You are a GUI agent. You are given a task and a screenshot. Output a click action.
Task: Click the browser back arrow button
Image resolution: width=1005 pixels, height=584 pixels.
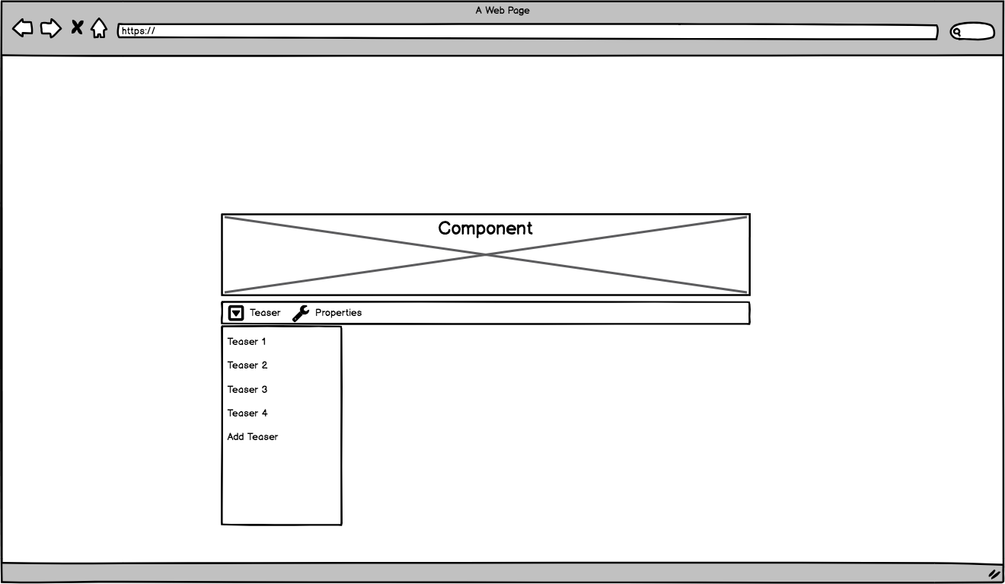pos(23,29)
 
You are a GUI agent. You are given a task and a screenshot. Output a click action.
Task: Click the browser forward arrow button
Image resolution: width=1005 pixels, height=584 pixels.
pos(50,29)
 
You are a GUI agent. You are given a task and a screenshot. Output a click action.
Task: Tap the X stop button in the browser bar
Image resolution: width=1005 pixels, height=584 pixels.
pos(77,28)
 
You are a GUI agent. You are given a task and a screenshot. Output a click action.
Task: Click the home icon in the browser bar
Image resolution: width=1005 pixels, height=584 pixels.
pos(99,29)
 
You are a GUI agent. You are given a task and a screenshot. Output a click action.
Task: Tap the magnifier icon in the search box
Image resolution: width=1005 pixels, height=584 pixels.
pos(957,32)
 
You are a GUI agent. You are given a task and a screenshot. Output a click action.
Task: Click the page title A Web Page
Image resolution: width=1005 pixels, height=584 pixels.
pos(502,11)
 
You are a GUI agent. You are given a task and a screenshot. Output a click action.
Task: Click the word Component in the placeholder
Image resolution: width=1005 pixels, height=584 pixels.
pos(485,228)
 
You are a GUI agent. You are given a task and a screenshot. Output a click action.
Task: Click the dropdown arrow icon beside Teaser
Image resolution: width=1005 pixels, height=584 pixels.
pos(236,313)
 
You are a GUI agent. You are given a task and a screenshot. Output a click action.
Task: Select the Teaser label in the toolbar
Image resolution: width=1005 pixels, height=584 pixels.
pos(265,313)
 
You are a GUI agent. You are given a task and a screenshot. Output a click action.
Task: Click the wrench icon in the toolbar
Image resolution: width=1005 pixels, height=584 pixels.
pos(301,313)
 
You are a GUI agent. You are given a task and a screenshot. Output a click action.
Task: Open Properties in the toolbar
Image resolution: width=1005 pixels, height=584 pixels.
pos(338,313)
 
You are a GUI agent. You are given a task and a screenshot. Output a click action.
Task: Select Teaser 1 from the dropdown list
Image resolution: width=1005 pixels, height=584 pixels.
pos(247,342)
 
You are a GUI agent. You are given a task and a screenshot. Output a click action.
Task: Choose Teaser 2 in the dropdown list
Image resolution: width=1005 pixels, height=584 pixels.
pos(247,365)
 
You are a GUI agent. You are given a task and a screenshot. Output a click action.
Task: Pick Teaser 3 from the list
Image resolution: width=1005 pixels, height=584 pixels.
pos(247,390)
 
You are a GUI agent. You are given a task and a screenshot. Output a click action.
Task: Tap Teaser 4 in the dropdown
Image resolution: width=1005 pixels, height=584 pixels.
pos(247,413)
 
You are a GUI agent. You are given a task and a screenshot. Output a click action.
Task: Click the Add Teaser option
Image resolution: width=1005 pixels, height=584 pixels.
pos(253,437)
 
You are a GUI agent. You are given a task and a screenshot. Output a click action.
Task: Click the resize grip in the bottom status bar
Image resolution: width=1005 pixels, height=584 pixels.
pos(994,574)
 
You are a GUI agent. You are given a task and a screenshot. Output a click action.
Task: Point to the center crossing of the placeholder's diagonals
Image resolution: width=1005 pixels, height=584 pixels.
pos(486,255)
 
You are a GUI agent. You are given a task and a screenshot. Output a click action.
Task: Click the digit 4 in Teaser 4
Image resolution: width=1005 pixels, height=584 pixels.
pos(264,413)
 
